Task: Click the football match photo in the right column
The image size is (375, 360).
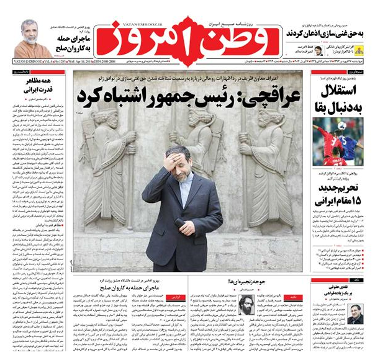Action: point(338,142)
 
